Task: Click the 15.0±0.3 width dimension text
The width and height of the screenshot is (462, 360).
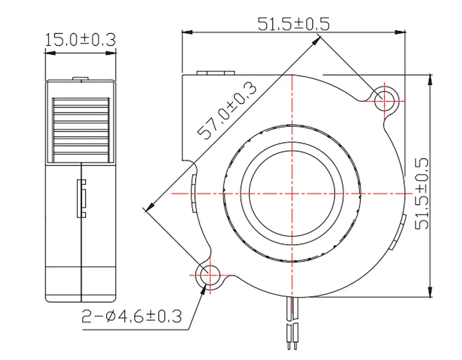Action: pos(80,40)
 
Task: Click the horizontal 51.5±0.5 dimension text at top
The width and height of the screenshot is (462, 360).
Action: pos(294,24)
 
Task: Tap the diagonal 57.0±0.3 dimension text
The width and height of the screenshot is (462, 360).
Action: pos(227,111)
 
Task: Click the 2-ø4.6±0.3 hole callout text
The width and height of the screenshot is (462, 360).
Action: pos(132,316)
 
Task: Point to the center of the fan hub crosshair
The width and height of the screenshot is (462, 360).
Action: pos(292,194)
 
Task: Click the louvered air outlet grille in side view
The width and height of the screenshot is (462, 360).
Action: pos(82,128)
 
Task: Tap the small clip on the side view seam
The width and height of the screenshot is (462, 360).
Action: pos(82,198)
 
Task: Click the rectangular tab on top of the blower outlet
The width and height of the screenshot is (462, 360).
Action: pos(216,73)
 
